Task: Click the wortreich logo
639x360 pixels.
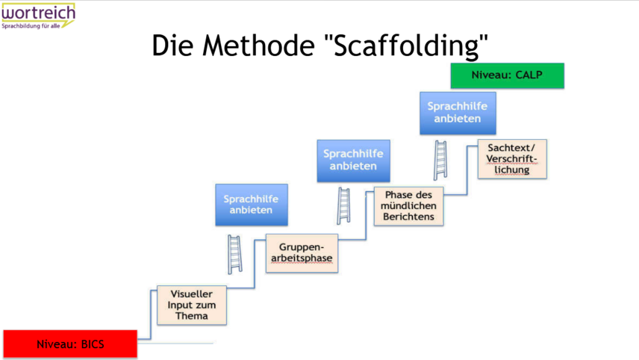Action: (x=38, y=14)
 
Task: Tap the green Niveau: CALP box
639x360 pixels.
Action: (x=507, y=75)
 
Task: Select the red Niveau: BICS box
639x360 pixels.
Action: (x=70, y=344)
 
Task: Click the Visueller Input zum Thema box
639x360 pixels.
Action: (x=192, y=305)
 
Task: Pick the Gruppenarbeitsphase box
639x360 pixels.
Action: (x=301, y=253)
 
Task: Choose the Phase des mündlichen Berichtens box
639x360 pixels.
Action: (x=408, y=205)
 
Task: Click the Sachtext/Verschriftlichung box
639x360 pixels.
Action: (x=512, y=158)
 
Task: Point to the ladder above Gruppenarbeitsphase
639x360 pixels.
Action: (x=234, y=255)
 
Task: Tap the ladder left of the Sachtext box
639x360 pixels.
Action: (x=441, y=160)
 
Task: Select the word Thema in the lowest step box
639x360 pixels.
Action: (x=192, y=316)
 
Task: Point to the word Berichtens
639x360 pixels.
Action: (x=408, y=217)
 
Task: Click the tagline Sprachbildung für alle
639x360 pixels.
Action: (x=32, y=25)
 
